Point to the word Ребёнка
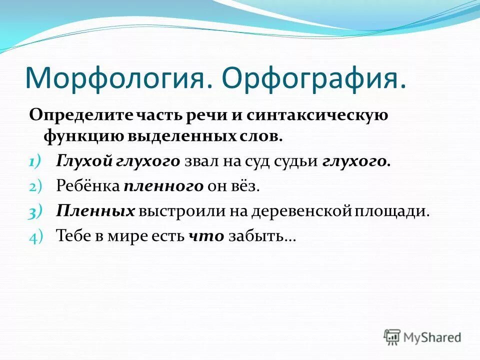tap(87, 186)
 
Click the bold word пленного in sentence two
tap(163, 186)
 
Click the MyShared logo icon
tap(392, 336)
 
